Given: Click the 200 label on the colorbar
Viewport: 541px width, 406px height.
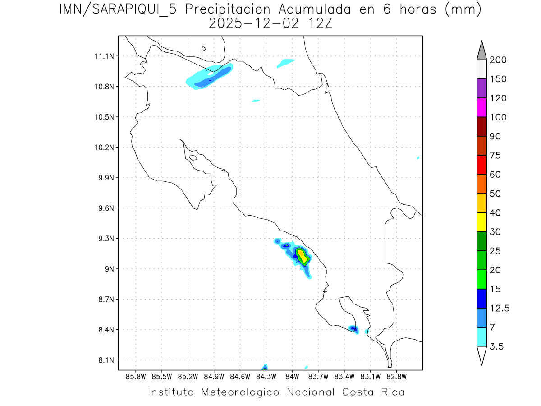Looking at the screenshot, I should point(498,60).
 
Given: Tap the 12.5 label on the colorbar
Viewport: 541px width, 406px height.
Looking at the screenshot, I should point(500,308).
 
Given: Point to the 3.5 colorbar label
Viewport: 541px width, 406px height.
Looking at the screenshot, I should point(497,346).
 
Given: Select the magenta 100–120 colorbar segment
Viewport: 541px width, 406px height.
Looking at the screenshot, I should point(481,108).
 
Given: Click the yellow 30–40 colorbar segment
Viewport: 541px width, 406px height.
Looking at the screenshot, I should point(481,222).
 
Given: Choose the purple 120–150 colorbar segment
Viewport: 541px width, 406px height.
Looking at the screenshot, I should point(481,89).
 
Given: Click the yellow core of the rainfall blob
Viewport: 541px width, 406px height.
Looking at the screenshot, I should point(303,257).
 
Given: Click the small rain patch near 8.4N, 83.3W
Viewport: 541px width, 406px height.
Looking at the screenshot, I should point(354,329).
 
